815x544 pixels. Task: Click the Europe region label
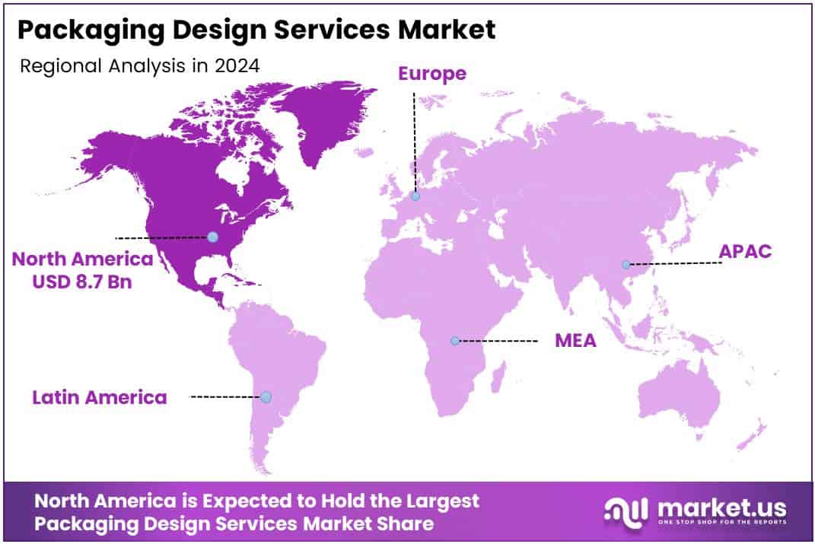coord(431,73)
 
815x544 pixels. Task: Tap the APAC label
coord(746,252)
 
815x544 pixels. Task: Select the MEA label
coord(575,340)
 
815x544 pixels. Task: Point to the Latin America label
coord(99,396)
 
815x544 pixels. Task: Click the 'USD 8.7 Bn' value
coord(81,281)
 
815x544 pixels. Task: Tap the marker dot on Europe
coord(415,196)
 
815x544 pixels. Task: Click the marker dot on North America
coord(212,237)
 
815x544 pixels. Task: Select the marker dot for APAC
coord(626,265)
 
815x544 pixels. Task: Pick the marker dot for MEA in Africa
coord(454,341)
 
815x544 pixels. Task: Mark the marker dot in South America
coord(266,396)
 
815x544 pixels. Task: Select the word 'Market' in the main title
coord(450,30)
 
